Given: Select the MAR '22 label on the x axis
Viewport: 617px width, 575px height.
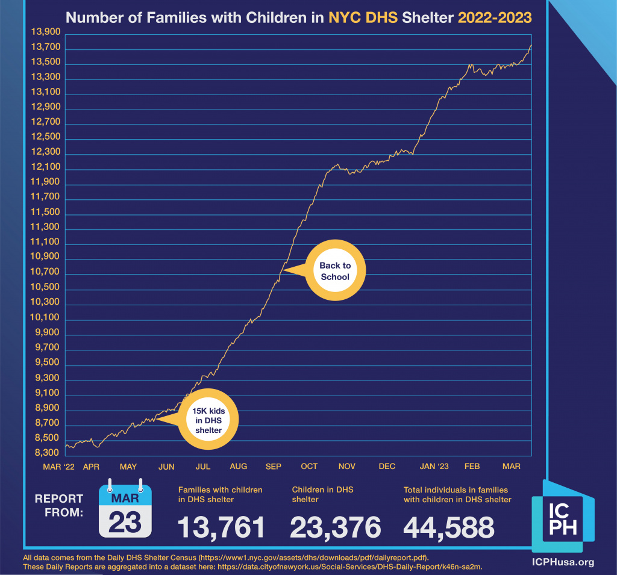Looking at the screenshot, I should pyautogui.click(x=59, y=467).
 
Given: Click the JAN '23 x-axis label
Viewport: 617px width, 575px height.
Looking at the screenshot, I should pyautogui.click(x=434, y=467).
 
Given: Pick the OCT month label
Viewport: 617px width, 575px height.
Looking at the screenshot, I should pyautogui.click(x=309, y=467).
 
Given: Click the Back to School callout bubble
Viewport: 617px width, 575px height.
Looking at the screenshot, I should pyautogui.click(x=334, y=272).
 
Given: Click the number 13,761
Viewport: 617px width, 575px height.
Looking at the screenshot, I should pyautogui.click(x=221, y=527).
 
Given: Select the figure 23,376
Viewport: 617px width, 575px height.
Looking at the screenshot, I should pyautogui.click(x=335, y=527).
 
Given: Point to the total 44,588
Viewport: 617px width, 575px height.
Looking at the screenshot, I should pyautogui.click(x=448, y=527).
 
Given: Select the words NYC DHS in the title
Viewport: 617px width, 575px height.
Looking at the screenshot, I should pyautogui.click(x=362, y=17).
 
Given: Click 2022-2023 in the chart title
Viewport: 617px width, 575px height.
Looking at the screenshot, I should pyautogui.click(x=495, y=17).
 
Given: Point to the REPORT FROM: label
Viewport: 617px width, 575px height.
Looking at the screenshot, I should pyautogui.click(x=59, y=506).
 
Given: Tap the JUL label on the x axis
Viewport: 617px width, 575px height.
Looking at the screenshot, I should pyautogui.click(x=203, y=467).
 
